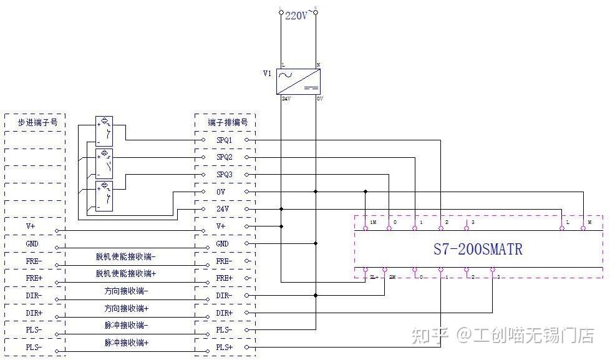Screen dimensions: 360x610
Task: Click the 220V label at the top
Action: pyautogui.click(x=296, y=16)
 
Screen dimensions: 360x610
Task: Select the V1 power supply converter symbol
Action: pyautogui.click(x=298, y=81)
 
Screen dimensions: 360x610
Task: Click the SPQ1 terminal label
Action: pyautogui.click(x=225, y=140)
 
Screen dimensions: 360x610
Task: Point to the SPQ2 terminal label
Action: pyautogui.click(x=225, y=157)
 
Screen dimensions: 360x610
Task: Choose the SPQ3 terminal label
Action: pyautogui.click(x=225, y=175)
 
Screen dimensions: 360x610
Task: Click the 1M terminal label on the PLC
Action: pyautogui.click(x=373, y=223)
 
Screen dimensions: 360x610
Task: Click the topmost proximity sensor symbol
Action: pyautogui.click(x=104, y=130)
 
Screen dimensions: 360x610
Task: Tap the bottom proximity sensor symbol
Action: pyautogui.click(x=104, y=195)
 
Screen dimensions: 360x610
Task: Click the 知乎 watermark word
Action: pyautogui.click(x=429, y=336)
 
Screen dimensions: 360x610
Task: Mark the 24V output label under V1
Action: pyautogui.click(x=286, y=99)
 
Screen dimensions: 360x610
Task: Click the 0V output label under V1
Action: pyautogui.click(x=319, y=99)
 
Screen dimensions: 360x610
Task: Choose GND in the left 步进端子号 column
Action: pyautogui.click(x=33, y=244)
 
